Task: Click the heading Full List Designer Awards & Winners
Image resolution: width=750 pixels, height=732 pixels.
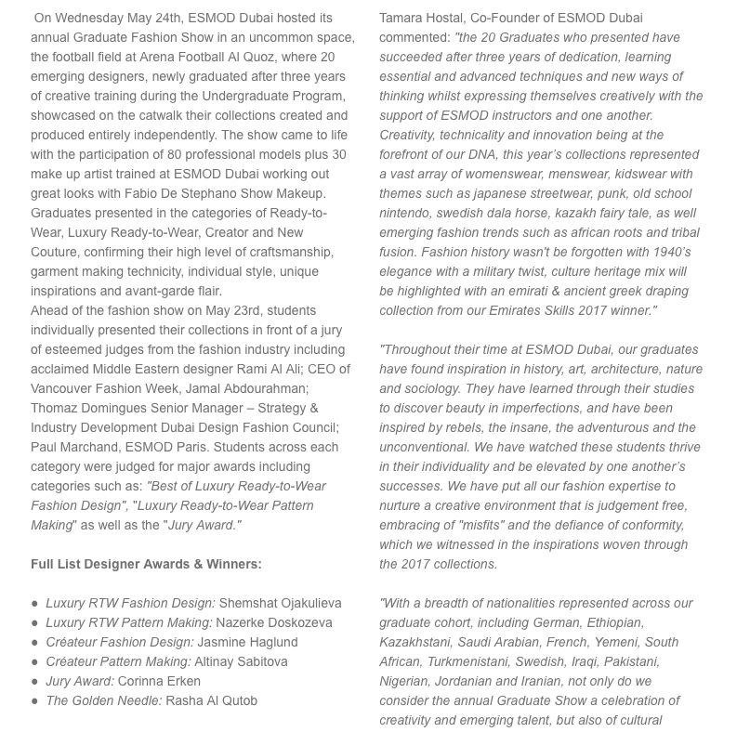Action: click(x=146, y=564)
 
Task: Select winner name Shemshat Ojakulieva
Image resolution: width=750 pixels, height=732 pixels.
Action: click(x=280, y=603)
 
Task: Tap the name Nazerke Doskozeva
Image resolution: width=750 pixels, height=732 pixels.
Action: click(x=274, y=622)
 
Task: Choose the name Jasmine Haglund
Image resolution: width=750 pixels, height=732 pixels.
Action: click(x=248, y=642)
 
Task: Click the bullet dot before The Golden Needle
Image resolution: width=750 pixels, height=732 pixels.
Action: click(x=35, y=700)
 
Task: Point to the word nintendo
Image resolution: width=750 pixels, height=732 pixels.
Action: click(x=406, y=213)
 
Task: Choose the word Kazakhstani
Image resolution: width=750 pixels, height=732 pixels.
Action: click(x=417, y=642)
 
